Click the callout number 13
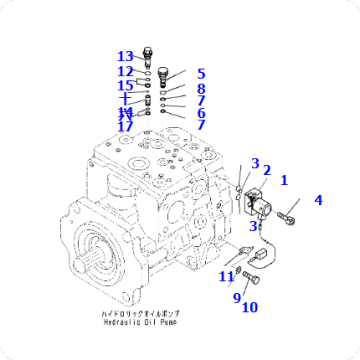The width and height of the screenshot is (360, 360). [x=124, y=56]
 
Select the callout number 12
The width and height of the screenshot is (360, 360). [x=124, y=71]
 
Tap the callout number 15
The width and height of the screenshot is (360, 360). [x=124, y=85]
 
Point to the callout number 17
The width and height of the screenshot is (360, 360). [x=124, y=126]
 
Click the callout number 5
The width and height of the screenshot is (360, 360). [x=200, y=73]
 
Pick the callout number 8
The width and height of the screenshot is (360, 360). [x=200, y=88]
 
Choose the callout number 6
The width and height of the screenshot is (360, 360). [x=200, y=113]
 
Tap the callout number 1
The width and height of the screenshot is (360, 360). [x=283, y=180]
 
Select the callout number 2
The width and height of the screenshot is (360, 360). [x=266, y=171]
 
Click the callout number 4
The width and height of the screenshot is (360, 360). [x=318, y=200]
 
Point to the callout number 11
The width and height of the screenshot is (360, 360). [x=227, y=276]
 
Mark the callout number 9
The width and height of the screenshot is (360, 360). [x=237, y=297]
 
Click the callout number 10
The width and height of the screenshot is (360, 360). [x=249, y=307]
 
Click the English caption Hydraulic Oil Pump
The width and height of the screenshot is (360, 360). [x=138, y=324]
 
